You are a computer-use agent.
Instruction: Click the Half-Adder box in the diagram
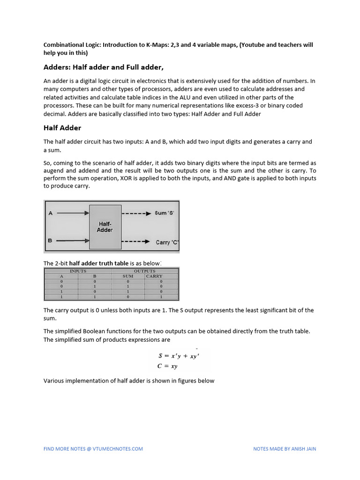pos(105,227)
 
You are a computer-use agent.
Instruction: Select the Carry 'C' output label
pos(167,242)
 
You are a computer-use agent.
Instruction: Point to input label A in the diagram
pos(50,213)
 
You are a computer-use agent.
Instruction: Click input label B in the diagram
pos(50,241)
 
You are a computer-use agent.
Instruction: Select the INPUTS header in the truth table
pos(78,271)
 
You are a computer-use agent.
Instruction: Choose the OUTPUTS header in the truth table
pos(144,271)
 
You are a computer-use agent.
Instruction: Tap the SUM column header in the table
pos(127,277)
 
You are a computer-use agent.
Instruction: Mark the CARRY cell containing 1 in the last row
pos(161,297)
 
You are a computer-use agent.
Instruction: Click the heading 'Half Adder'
pos(62,128)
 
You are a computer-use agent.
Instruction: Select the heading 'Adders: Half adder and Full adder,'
pos(104,67)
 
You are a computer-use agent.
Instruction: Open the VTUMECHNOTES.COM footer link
pos(93,449)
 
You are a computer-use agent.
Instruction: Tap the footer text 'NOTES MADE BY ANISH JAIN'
pos(285,449)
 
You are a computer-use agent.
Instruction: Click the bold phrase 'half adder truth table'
pos(99,263)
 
